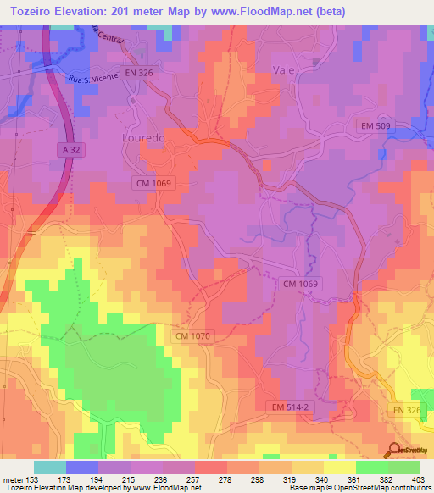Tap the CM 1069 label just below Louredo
[x=153, y=182]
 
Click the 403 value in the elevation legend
[x=417, y=479]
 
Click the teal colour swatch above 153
[x=49, y=467]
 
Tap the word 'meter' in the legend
[x=14, y=479]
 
